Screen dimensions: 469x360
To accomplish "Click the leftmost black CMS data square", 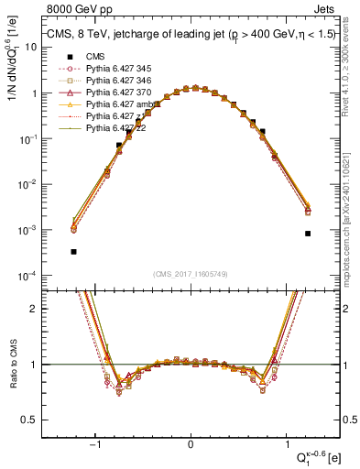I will point(73,251).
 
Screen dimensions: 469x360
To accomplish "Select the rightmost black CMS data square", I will point(308,234).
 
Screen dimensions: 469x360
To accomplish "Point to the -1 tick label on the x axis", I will point(96,443).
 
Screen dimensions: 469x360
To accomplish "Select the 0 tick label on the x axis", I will point(191,443).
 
